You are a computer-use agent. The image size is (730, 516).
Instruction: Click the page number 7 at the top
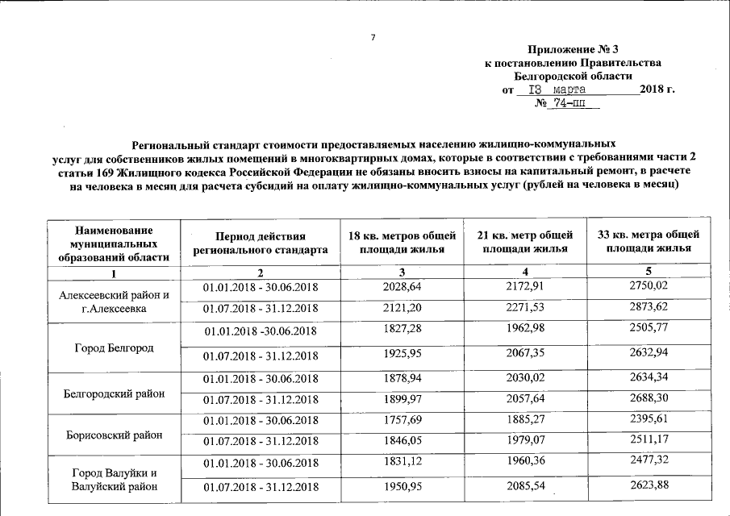tap(373, 37)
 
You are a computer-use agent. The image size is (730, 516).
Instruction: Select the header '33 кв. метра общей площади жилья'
tap(648, 242)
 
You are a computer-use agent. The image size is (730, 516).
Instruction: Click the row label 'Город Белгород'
tap(113, 347)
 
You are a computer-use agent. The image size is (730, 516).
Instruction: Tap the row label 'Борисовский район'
tap(113, 435)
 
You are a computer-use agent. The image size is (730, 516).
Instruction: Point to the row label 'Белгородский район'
tap(113, 393)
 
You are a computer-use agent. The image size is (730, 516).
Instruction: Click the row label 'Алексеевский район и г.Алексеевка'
tap(113, 301)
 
